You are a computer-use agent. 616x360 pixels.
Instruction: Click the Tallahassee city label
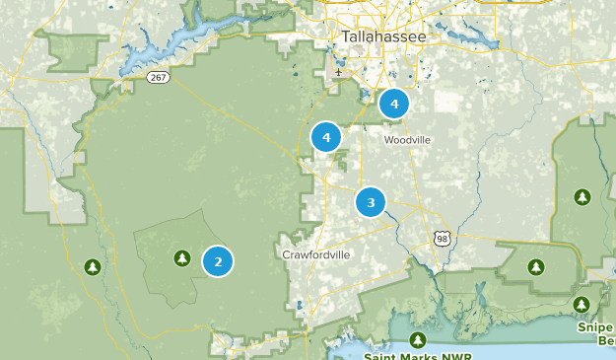pyautogui.click(x=384, y=36)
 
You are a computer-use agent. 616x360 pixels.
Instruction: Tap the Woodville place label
pyautogui.click(x=407, y=140)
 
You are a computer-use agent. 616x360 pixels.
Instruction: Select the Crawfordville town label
pyautogui.click(x=315, y=254)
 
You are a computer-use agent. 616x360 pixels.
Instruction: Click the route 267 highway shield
pyautogui.click(x=157, y=75)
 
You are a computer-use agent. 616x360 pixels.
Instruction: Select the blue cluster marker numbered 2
pyautogui.click(x=218, y=261)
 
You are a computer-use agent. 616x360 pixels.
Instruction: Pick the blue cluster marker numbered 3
pyautogui.click(x=371, y=203)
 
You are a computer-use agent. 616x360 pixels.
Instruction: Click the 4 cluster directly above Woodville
pyautogui.click(x=394, y=103)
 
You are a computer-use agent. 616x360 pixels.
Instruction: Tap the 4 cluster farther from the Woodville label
pyautogui.click(x=326, y=138)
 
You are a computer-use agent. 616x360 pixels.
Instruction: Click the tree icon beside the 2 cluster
pyautogui.click(x=181, y=258)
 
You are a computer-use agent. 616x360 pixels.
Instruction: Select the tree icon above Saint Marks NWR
pyautogui.click(x=417, y=340)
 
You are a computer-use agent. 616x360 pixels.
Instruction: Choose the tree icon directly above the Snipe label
pyautogui.click(x=582, y=304)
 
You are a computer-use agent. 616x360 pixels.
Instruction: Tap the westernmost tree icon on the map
pyautogui.click(x=93, y=267)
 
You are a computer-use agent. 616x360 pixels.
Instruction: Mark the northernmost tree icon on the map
pyautogui.click(x=582, y=197)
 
